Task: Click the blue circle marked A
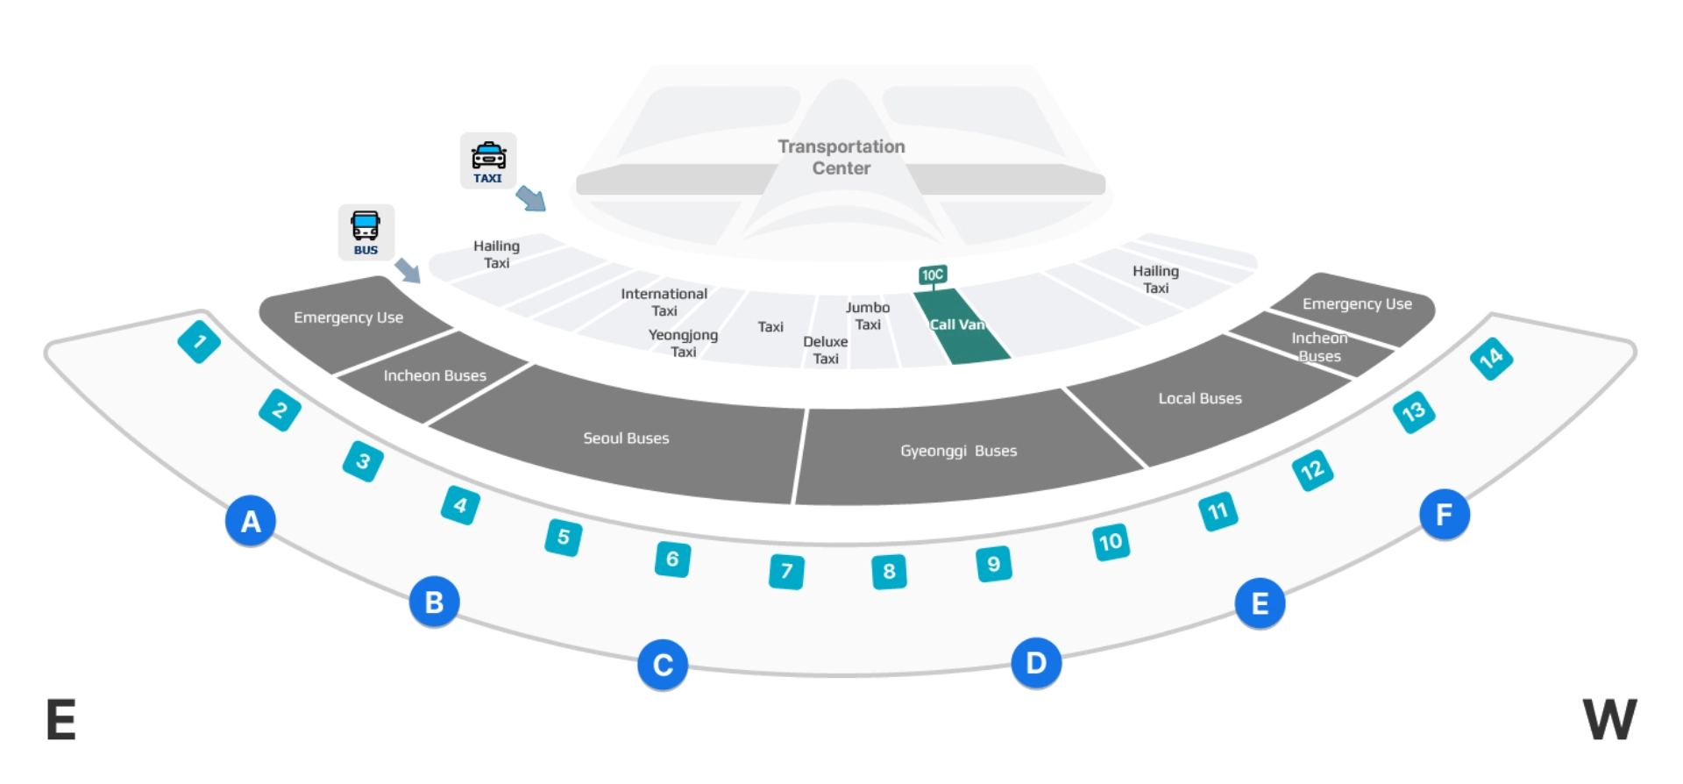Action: (x=251, y=521)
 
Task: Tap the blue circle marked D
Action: (x=1036, y=663)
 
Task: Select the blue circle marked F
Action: (x=1444, y=515)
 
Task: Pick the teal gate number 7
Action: (x=786, y=572)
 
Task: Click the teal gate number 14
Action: (x=1491, y=358)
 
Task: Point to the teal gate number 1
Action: (x=199, y=342)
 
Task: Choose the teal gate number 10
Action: (x=1111, y=542)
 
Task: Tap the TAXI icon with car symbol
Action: (x=488, y=160)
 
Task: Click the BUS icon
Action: (x=366, y=232)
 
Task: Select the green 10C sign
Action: (x=933, y=275)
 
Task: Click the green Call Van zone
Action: (x=960, y=327)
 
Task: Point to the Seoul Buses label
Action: (x=626, y=438)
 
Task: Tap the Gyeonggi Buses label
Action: (x=958, y=451)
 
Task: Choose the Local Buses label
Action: (x=1199, y=398)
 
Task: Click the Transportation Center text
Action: (x=841, y=158)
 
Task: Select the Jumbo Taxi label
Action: (x=867, y=316)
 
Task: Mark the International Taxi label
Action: (x=664, y=302)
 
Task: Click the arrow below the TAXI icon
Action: (x=531, y=198)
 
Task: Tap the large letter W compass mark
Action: (x=1609, y=719)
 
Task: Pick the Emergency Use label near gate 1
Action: (x=348, y=317)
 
